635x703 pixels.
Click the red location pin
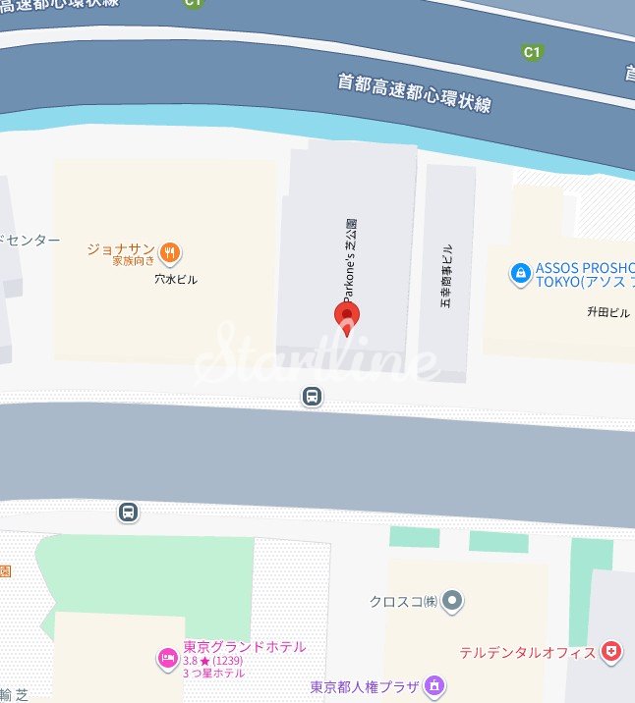pyautogui.click(x=347, y=317)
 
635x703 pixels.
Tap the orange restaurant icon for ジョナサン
pyautogui.click(x=172, y=252)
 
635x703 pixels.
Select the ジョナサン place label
pyautogui.click(x=121, y=249)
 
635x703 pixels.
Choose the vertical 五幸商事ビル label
pyautogui.click(x=446, y=276)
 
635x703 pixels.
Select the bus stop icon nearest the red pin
pyautogui.click(x=312, y=397)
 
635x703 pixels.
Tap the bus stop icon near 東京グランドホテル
pyautogui.click(x=128, y=512)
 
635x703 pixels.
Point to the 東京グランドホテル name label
pyautogui.click(x=244, y=646)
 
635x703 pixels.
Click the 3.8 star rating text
pyautogui.click(x=213, y=660)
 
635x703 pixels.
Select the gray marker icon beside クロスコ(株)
pyautogui.click(x=452, y=600)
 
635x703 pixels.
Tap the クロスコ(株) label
pyautogui.click(x=403, y=601)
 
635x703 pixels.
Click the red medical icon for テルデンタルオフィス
pyautogui.click(x=612, y=652)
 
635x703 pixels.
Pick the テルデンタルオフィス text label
pyautogui.click(x=528, y=653)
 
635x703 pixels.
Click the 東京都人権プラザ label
pyautogui.click(x=365, y=687)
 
